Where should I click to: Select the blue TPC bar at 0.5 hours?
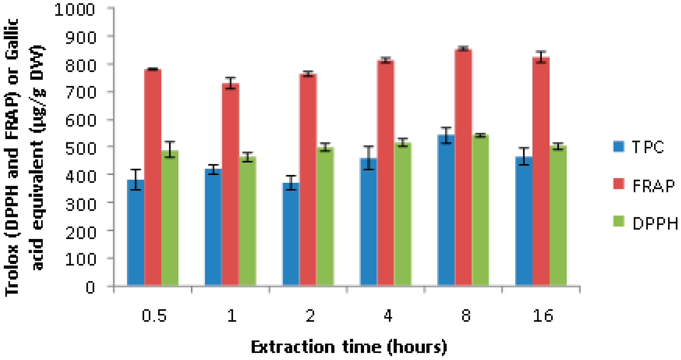click(x=136, y=233)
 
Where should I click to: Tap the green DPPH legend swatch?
click(x=619, y=221)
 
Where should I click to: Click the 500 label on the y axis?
click(x=80, y=149)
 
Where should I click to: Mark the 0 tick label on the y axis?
click(x=90, y=288)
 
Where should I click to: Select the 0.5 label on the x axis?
click(x=154, y=316)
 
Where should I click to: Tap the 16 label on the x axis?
click(x=543, y=316)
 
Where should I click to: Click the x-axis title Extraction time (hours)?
click(x=349, y=347)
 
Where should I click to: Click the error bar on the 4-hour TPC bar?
click(x=368, y=158)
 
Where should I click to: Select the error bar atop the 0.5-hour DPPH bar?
click(x=170, y=150)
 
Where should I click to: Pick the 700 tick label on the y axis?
click(x=80, y=93)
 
